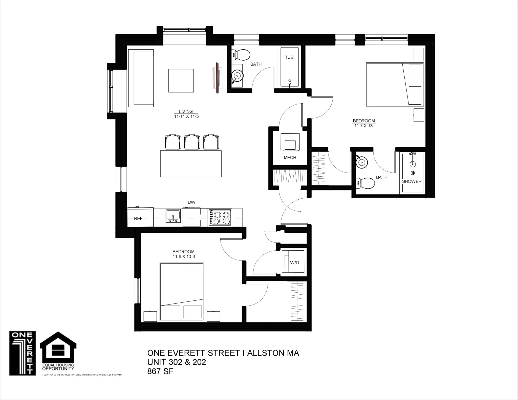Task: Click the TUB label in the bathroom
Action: coord(289,57)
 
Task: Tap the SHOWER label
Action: coord(412,181)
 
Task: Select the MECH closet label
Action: coord(290,158)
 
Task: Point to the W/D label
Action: coord(294,263)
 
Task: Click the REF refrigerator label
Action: coord(138,219)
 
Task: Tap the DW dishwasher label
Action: coord(191,202)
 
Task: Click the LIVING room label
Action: coord(186,111)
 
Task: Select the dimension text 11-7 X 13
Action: coord(363,126)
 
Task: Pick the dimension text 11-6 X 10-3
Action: coord(184,256)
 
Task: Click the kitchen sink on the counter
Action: coord(173,216)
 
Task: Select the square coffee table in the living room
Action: coord(181,81)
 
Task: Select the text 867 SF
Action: coord(160,371)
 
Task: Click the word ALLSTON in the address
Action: coord(267,353)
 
